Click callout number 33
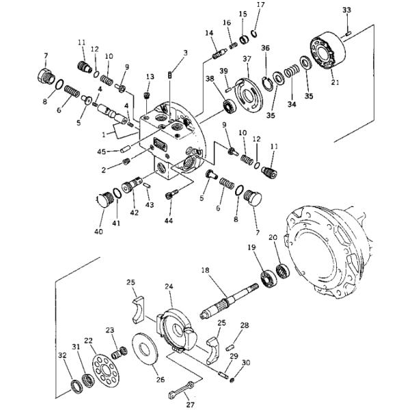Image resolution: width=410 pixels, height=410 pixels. [346, 10]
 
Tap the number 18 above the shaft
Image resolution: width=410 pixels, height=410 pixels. [205, 270]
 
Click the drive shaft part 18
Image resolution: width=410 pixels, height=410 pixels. [229, 301]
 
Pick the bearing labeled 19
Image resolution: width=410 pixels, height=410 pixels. [269, 279]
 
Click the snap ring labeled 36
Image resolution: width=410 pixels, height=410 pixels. [268, 83]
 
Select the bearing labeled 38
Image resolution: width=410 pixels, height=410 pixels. [230, 106]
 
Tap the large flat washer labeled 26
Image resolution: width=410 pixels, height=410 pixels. [145, 349]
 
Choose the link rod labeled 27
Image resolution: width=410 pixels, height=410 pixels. [182, 389]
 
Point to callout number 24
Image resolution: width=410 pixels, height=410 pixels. [169, 286]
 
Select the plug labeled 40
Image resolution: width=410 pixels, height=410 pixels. [105, 200]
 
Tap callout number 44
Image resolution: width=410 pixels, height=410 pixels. [169, 221]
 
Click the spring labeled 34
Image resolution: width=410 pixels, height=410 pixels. [292, 71]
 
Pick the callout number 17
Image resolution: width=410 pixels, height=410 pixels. [261, 5]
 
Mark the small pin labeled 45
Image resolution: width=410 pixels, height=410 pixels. [125, 150]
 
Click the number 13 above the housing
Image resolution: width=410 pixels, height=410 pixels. [150, 77]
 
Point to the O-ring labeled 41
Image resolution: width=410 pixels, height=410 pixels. [117, 193]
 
